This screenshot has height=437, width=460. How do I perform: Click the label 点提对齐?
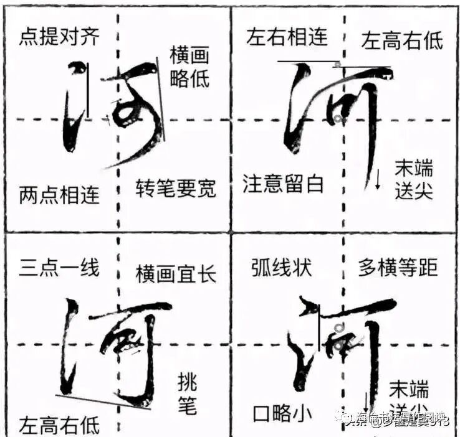click(x=59, y=38)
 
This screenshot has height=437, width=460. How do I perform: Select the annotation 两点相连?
click(x=59, y=194)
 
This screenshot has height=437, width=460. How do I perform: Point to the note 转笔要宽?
click(x=176, y=187)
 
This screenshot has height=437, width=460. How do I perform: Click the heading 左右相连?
click(x=287, y=37)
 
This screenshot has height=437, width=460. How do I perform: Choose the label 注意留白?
click(x=284, y=183)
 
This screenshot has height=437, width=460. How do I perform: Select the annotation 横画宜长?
click(x=176, y=273)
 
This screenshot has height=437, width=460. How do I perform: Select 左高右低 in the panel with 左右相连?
click(x=402, y=40)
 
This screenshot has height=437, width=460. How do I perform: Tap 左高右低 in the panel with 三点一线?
click(x=59, y=426)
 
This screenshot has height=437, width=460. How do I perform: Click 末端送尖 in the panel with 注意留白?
click(x=413, y=179)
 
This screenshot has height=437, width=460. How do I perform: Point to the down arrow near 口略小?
click(x=367, y=401)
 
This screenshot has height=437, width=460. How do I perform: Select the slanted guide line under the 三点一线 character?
click(x=103, y=402)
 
